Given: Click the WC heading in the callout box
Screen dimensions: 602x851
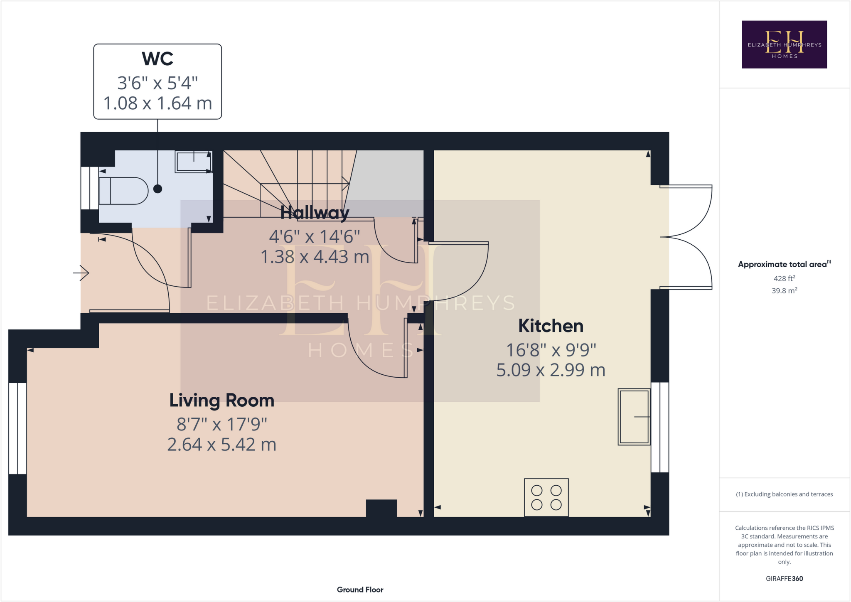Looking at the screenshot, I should tap(157, 59).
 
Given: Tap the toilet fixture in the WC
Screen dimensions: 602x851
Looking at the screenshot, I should tap(123, 191).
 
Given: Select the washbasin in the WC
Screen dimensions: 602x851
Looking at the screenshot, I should tap(194, 162).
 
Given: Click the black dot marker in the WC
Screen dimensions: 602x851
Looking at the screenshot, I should tap(157, 189).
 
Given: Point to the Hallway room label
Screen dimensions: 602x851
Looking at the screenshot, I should tap(315, 213).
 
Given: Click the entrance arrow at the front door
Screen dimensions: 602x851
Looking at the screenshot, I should tap(81, 273).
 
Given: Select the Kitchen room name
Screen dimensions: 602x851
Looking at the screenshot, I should tap(551, 326).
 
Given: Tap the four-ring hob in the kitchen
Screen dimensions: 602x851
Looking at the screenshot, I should tap(546, 497).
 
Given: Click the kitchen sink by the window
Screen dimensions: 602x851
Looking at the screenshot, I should tap(634, 417).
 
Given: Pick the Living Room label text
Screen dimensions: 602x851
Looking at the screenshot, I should tap(221, 401).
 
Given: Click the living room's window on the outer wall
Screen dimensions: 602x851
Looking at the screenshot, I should tap(17, 428).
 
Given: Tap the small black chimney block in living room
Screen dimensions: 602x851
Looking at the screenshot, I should tap(381, 508).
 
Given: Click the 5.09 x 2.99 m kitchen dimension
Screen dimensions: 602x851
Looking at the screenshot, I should tap(551, 370).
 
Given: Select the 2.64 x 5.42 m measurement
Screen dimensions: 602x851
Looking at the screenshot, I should tap(221, 445).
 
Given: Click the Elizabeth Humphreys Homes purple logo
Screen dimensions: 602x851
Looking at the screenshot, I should tap(784, 44).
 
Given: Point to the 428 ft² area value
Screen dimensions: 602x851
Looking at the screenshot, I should tap(784, 278).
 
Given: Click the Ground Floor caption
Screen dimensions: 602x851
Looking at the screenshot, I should tap(360, 590).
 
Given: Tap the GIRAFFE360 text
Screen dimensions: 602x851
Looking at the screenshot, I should tap(784, 578).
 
